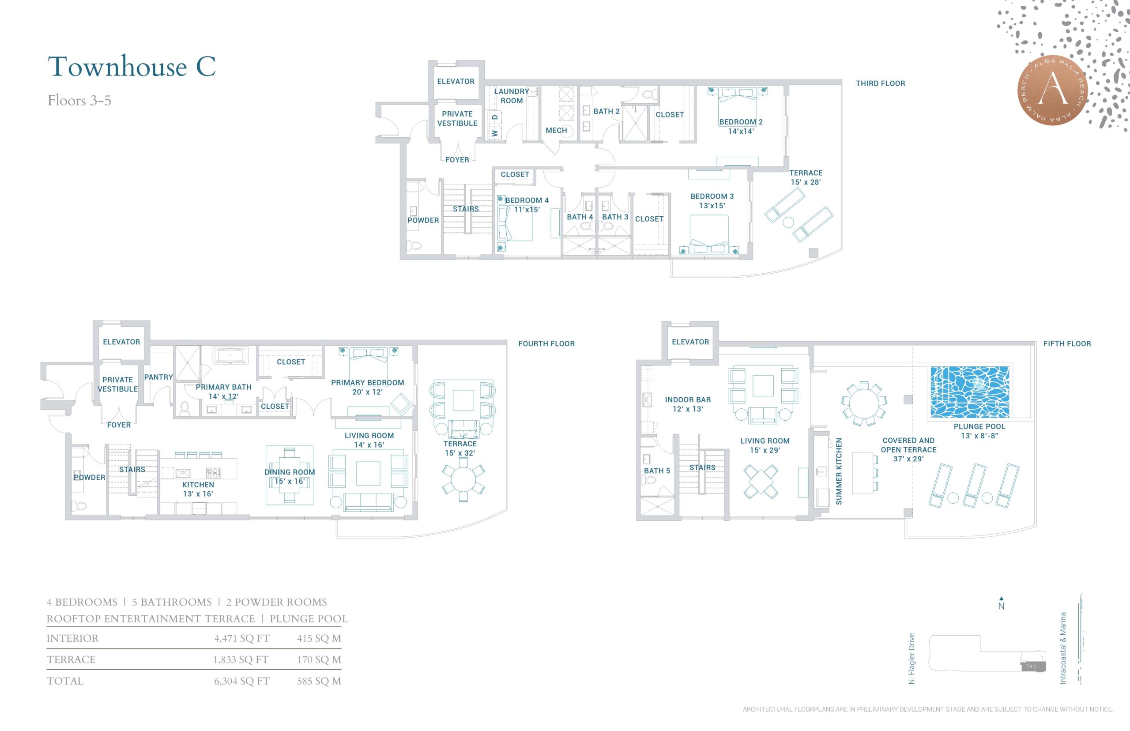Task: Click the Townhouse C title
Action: point(132,67)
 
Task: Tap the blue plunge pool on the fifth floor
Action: point(970,392)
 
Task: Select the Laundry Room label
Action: point(512,96)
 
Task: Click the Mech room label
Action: point(556,131)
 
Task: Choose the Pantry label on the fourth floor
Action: point(158,377)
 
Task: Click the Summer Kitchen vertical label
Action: point(839,471)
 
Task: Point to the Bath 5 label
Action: point(657,471)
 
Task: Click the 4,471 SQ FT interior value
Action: point(241,638)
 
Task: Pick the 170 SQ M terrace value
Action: point(319,660)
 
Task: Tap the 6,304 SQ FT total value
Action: point(241,681)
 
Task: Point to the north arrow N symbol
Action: point(1001,603)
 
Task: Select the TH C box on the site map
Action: point(1032,667)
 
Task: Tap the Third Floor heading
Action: point(880,83)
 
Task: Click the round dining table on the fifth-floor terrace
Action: point(864,404)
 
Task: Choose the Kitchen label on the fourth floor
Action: point(198,485)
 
